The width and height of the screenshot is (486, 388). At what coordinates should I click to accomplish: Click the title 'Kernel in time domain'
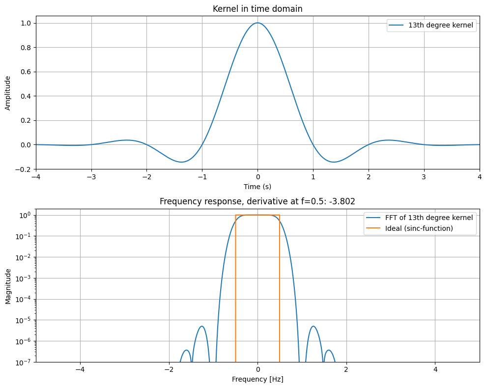pos(257,9)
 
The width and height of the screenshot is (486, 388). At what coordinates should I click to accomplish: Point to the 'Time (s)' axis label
pos(257,187)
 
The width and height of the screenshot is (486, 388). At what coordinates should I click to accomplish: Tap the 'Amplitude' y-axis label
pos(8,93)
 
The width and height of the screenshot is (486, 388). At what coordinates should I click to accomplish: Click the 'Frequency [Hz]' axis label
pos(257,379)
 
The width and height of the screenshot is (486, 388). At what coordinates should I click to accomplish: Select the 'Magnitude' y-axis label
pos(8,286)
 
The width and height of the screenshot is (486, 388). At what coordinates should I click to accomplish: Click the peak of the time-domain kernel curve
pos(257,23)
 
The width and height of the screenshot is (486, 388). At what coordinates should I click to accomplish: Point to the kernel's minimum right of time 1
pos(334,162)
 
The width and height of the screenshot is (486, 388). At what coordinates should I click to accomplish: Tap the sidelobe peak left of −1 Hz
pos(202,326)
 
